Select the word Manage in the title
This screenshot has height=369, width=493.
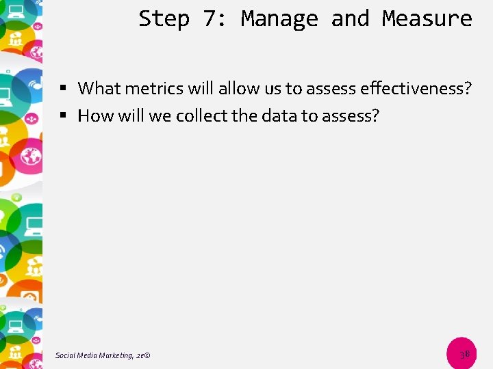pyautogui.click(x=279, y=18)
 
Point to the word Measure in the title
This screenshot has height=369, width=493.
pyautogui.click(x=427, y=18)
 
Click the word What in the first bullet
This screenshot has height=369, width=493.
pyautogui.click(x=99, y=88)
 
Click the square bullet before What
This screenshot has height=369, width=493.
pyautogui.click(x=62, y=89)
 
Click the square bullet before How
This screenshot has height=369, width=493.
pyautogui.click(x=62, y=116)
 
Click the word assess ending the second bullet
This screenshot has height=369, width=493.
pyautogui.click(x=351, y=115)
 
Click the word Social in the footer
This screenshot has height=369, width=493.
pyautogui.click(x=66, y=355)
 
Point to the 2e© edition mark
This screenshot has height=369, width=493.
pyautogui.click(x=143, y=355)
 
